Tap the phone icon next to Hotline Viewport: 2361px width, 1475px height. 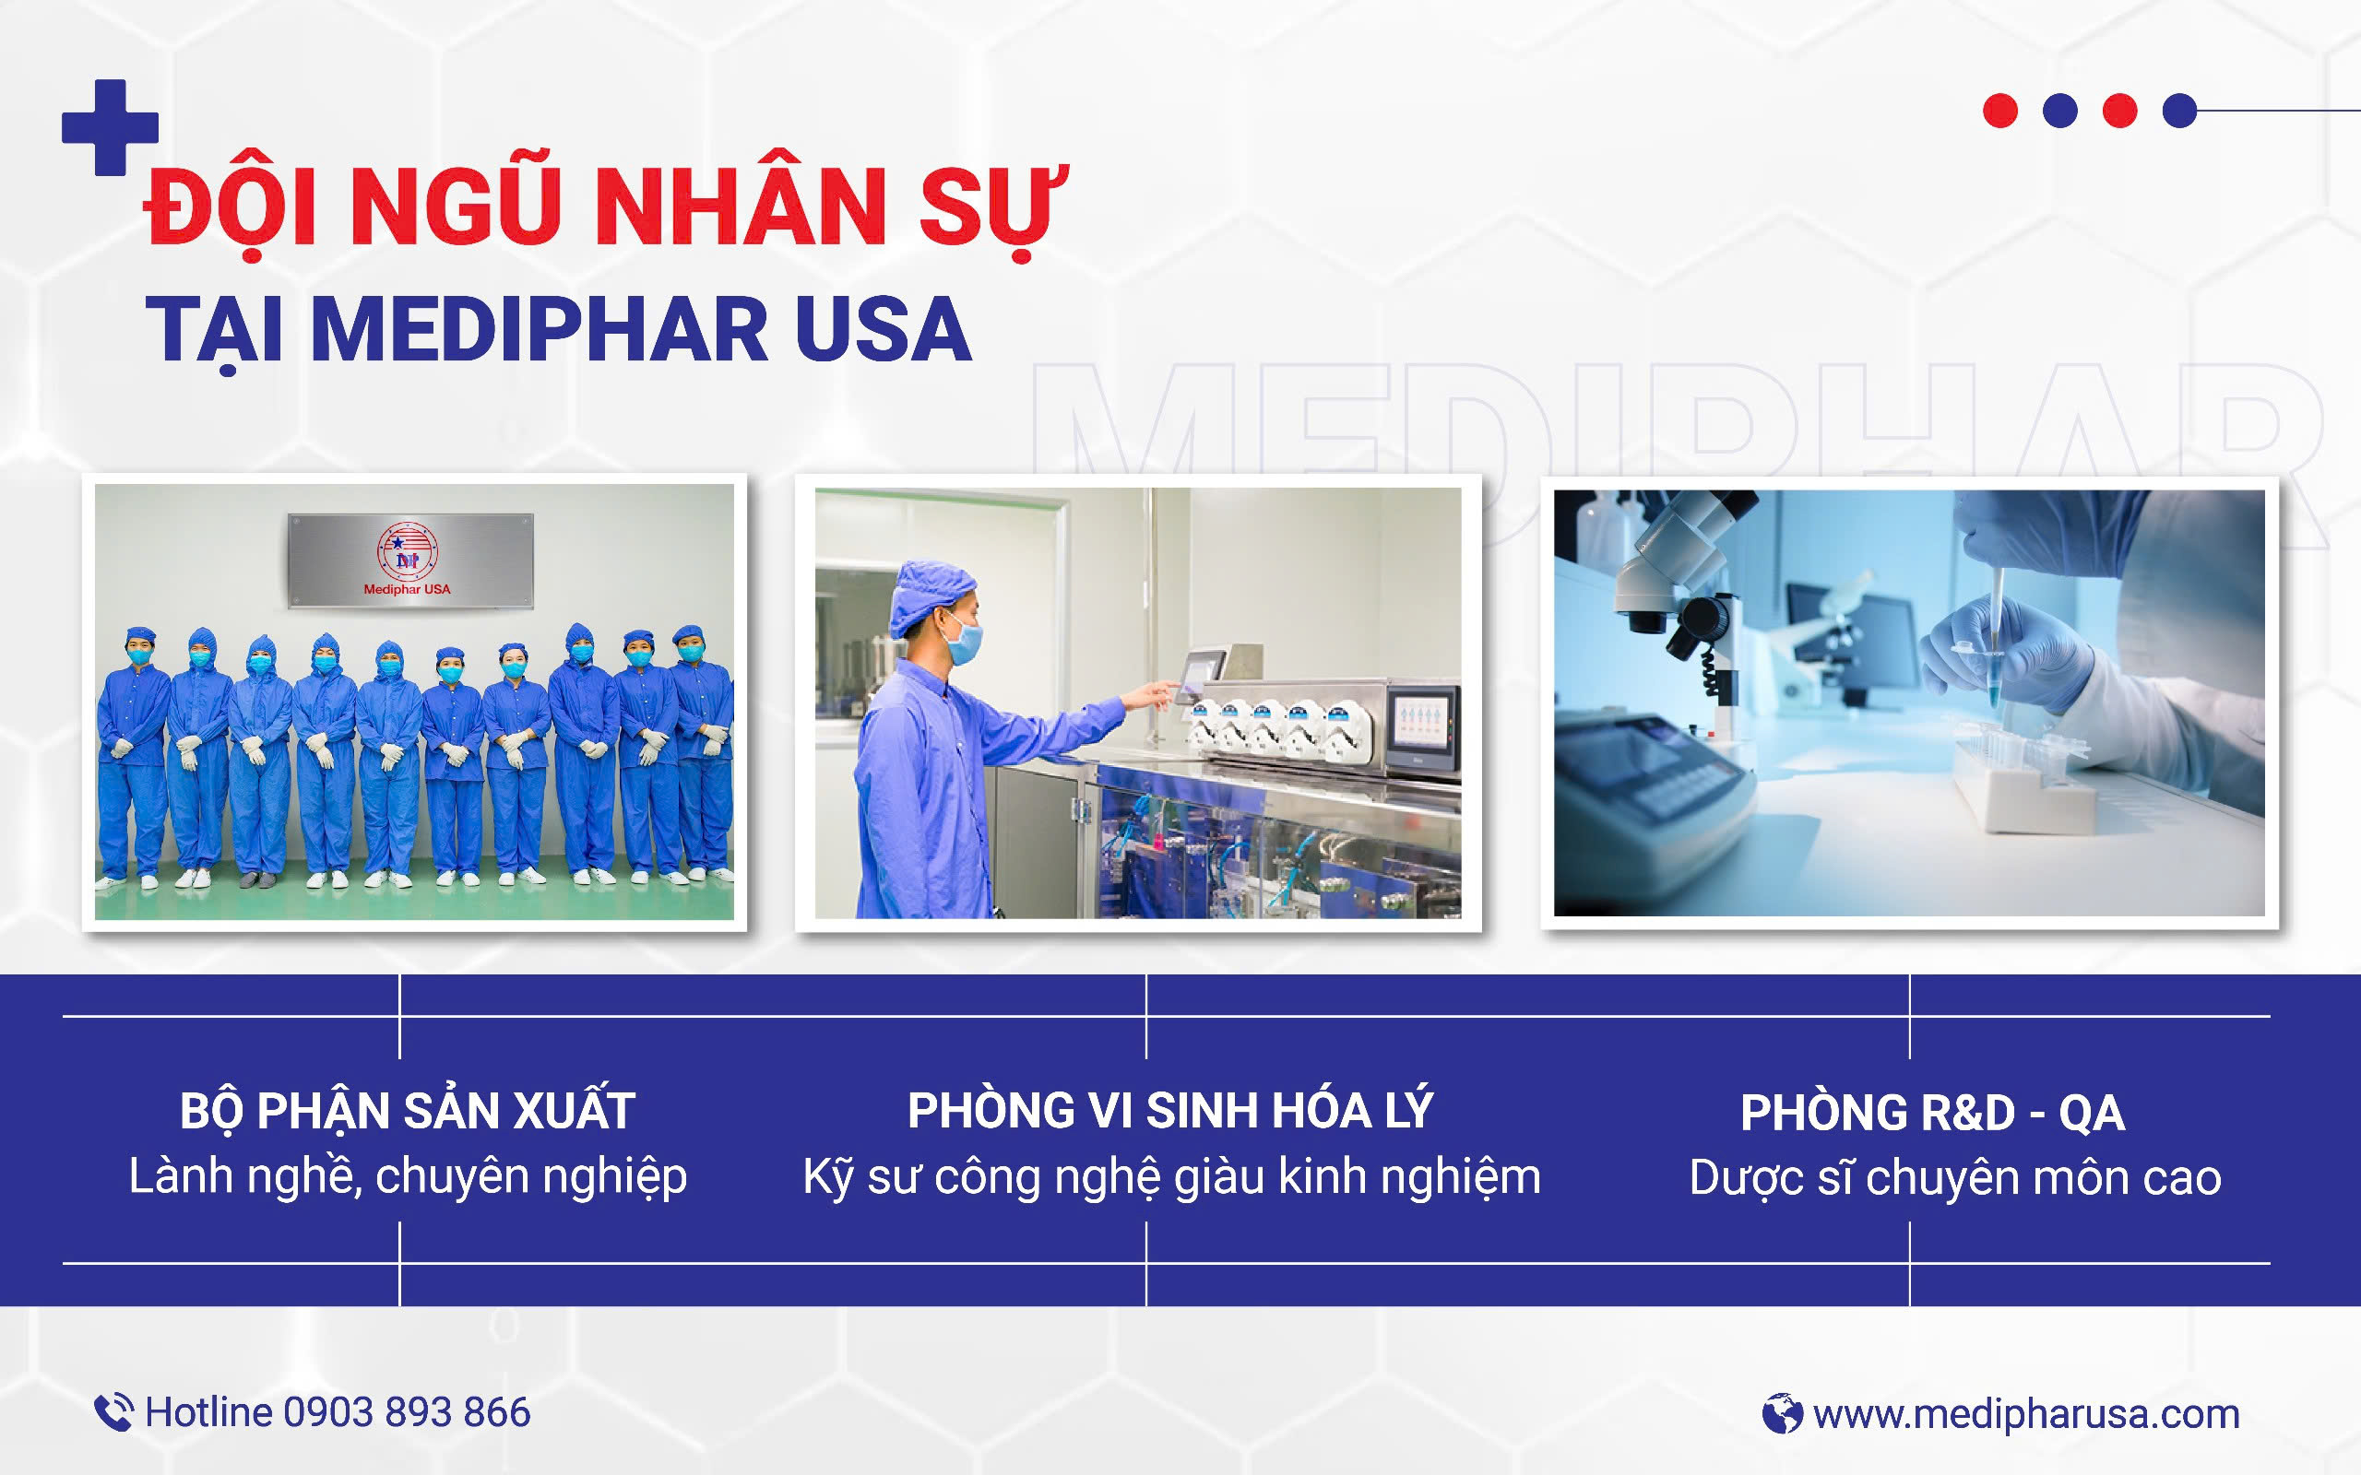pyautogui.click(x=113, y=1412)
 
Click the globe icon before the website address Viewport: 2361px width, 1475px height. pyautogui.click(x=1783, y=1413)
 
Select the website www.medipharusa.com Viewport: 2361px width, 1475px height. pyautogui.click(x=2026, y=1414)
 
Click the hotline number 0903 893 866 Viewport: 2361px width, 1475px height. pyautogui.click(x=407, y=1412)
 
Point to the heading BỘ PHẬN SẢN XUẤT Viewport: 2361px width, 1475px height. pyautogui.click(x=408, y=1111)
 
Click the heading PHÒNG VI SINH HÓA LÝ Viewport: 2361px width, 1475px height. pyautogui.click(x=1170, y=1110)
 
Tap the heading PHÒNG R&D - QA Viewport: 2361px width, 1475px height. pyautogui.click(x=1933, y=1113)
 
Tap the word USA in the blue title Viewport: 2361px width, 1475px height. pyautogui.click(x=883, y=329)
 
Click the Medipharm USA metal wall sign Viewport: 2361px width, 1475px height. pyautogui.click(x=410, y=560)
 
